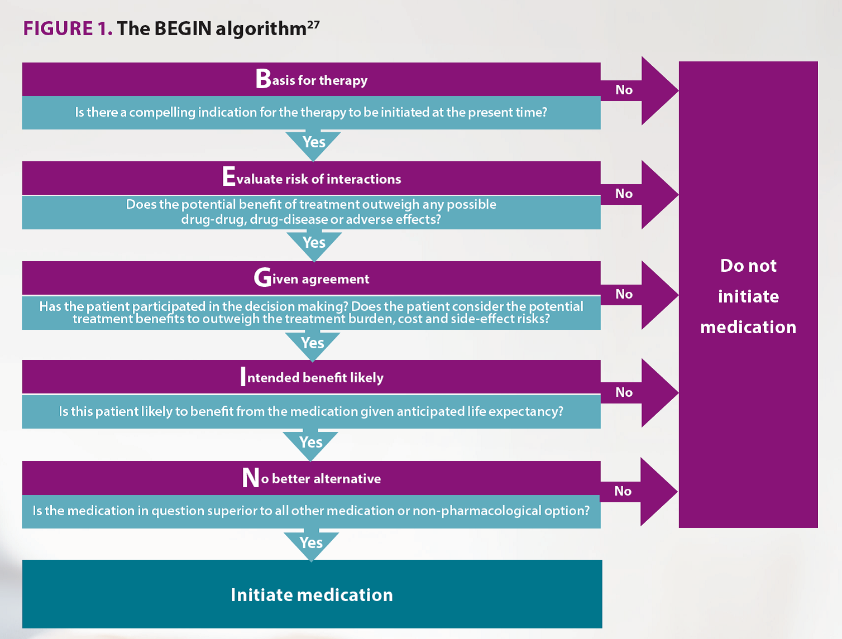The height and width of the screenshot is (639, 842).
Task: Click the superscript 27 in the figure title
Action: point(313,25)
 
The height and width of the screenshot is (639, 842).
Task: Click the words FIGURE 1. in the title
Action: point(68,29)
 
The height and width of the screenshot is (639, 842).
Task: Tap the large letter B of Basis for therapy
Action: point(263,79)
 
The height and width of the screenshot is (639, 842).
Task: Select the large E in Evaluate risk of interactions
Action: point(228,176)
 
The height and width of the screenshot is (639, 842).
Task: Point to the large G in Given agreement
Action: point(262,277)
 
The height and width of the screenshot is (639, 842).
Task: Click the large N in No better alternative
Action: point(251,478)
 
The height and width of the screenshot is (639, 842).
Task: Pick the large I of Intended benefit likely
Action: point(243,376)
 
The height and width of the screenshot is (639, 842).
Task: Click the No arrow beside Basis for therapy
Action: point(639,91)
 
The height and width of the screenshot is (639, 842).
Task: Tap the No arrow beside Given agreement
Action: point(639,295)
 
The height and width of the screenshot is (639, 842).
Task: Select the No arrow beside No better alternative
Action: point(639,492)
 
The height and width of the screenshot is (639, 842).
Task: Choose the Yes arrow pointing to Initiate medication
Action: point(312,546)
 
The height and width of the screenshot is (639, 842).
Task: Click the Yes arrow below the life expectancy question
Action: point(310,445)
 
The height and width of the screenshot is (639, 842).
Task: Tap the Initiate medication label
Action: point(312,595)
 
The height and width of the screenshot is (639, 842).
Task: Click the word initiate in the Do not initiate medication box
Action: point(748,296)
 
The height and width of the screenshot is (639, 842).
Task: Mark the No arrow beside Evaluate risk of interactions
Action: point(639,195)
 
